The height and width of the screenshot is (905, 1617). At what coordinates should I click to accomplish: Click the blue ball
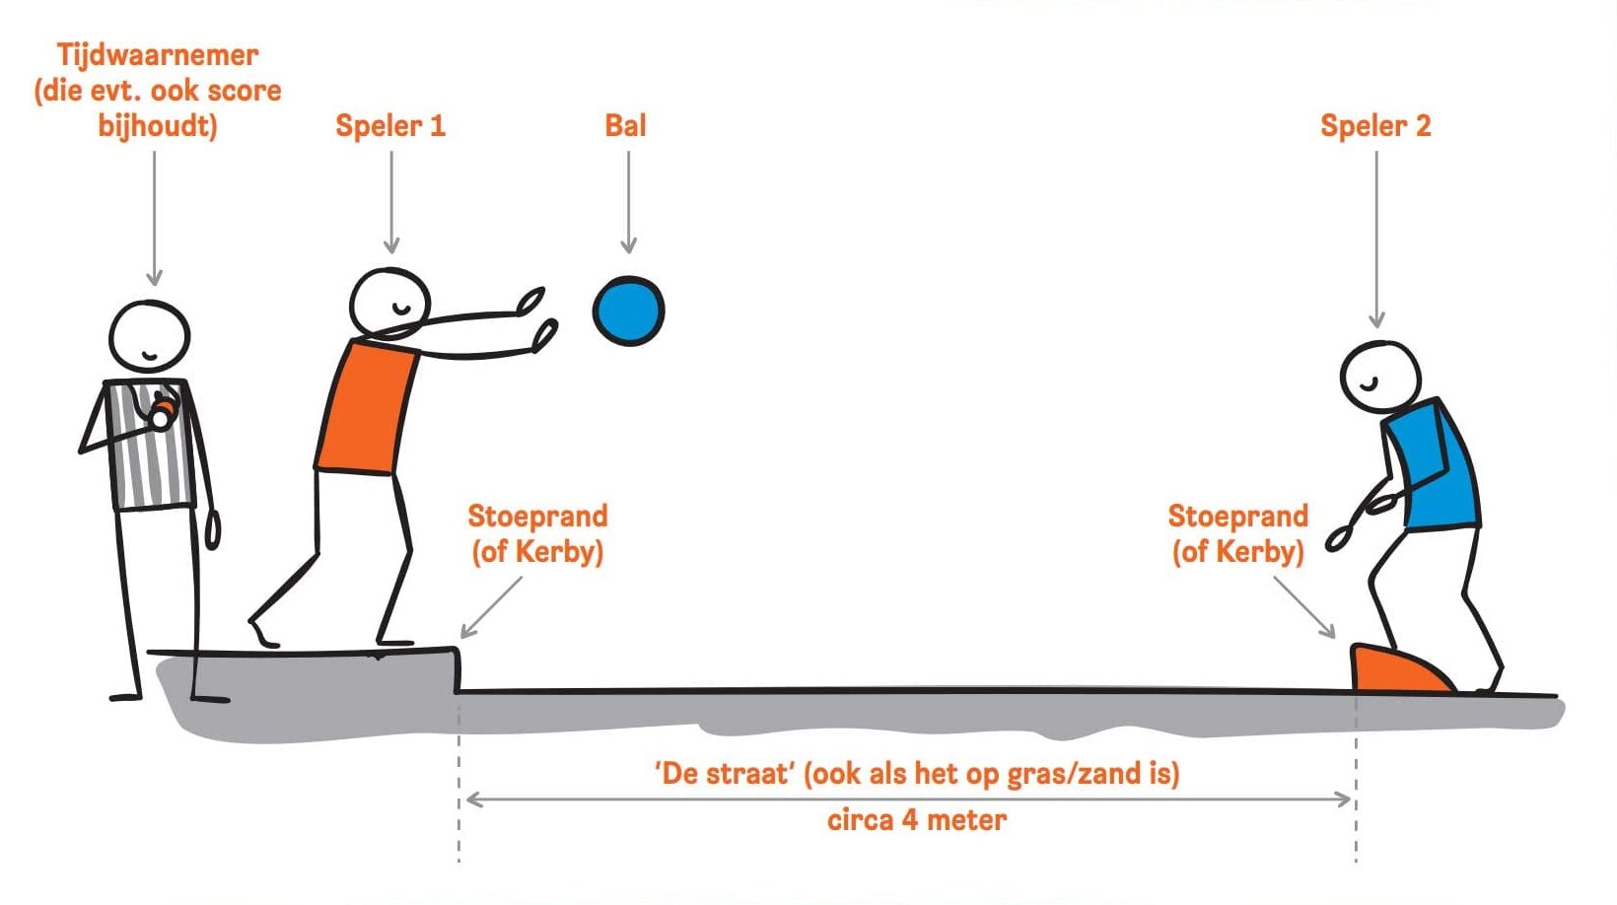tap(628, 312)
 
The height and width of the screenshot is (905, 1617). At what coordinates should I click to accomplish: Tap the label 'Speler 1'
tap(390, 126)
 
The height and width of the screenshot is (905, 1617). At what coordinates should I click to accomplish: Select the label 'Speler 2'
tap(1375, 126)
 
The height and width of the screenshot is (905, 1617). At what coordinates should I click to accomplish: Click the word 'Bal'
tap(625, 125)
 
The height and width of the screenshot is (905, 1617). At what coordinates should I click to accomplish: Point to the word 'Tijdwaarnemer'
tap(158, 55)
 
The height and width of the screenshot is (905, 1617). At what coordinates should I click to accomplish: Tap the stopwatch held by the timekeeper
tap(163, 411)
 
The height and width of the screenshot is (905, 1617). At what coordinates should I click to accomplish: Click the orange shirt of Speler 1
tap(367, 408)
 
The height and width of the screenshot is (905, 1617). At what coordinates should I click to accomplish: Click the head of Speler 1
tap(389, 303)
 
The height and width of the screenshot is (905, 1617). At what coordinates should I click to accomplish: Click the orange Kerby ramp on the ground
tap(1397, 669)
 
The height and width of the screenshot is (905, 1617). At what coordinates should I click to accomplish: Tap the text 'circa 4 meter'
tap(917, 820)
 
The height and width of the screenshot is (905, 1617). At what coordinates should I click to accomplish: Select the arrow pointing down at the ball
tap(628, 202)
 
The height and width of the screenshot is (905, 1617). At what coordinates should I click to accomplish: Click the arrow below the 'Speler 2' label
tap(1376, 239)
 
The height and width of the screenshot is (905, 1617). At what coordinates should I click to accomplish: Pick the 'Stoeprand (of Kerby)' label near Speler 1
tap(537, 534)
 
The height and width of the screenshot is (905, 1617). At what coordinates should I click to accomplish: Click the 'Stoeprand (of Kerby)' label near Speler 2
tap(1238, 534)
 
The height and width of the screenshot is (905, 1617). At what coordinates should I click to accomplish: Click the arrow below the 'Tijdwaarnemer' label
tap(154, 218)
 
